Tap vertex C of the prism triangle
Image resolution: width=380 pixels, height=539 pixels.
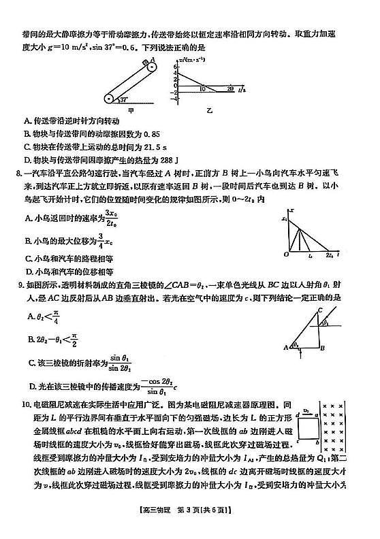[319, 310]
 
